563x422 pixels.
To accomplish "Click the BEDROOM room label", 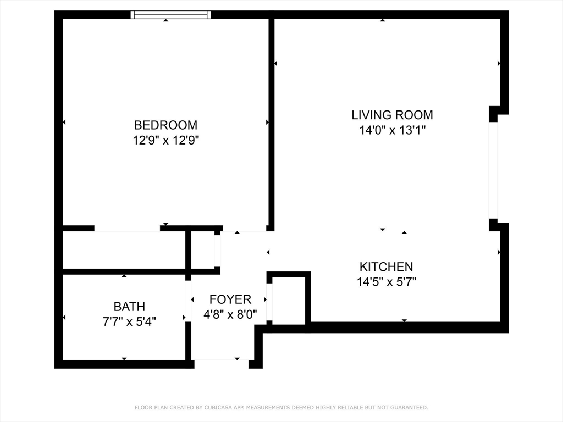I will tap(165, 125).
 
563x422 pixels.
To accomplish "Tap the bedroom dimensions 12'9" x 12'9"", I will tap(165, 140).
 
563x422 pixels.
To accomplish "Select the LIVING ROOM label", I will tap(392, 115).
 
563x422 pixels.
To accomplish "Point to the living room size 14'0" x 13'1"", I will tap(392, 130).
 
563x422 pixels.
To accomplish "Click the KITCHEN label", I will tap(386, 267).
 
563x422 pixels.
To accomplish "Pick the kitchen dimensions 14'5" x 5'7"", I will tap(386, 282).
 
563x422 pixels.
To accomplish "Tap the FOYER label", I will tap(230, 299).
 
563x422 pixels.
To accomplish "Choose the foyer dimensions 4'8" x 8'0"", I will tap(230, 315).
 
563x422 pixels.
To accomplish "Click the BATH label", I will tap(129, 307).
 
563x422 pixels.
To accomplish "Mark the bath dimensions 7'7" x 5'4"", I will tap(129, 321).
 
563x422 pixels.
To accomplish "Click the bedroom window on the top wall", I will tap(170, 15).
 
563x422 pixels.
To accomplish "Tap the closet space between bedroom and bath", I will tap(124, 250).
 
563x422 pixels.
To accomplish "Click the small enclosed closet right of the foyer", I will tap(289, 300).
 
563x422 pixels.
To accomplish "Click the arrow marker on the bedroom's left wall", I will tap(65, 122).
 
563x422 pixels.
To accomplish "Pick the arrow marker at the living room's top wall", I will tap(383, 20).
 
